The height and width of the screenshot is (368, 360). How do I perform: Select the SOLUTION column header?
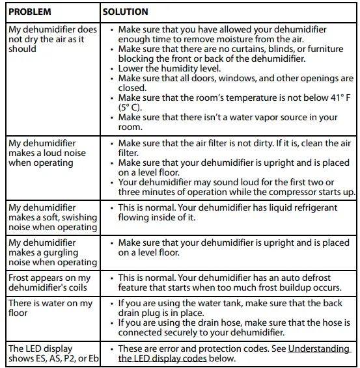pyautogui.click(x=126, y=12)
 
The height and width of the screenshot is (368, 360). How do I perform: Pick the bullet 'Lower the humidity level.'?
pyautogui.click(x=169, y=68)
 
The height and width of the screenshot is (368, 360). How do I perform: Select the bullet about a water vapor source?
pyautogui.click(x=228, y=122)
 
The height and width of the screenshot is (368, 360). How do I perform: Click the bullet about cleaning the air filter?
pyautogui.click(x=234, y=148)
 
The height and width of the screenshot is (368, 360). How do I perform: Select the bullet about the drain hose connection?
pyautogui.click(x=234, y=327)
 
